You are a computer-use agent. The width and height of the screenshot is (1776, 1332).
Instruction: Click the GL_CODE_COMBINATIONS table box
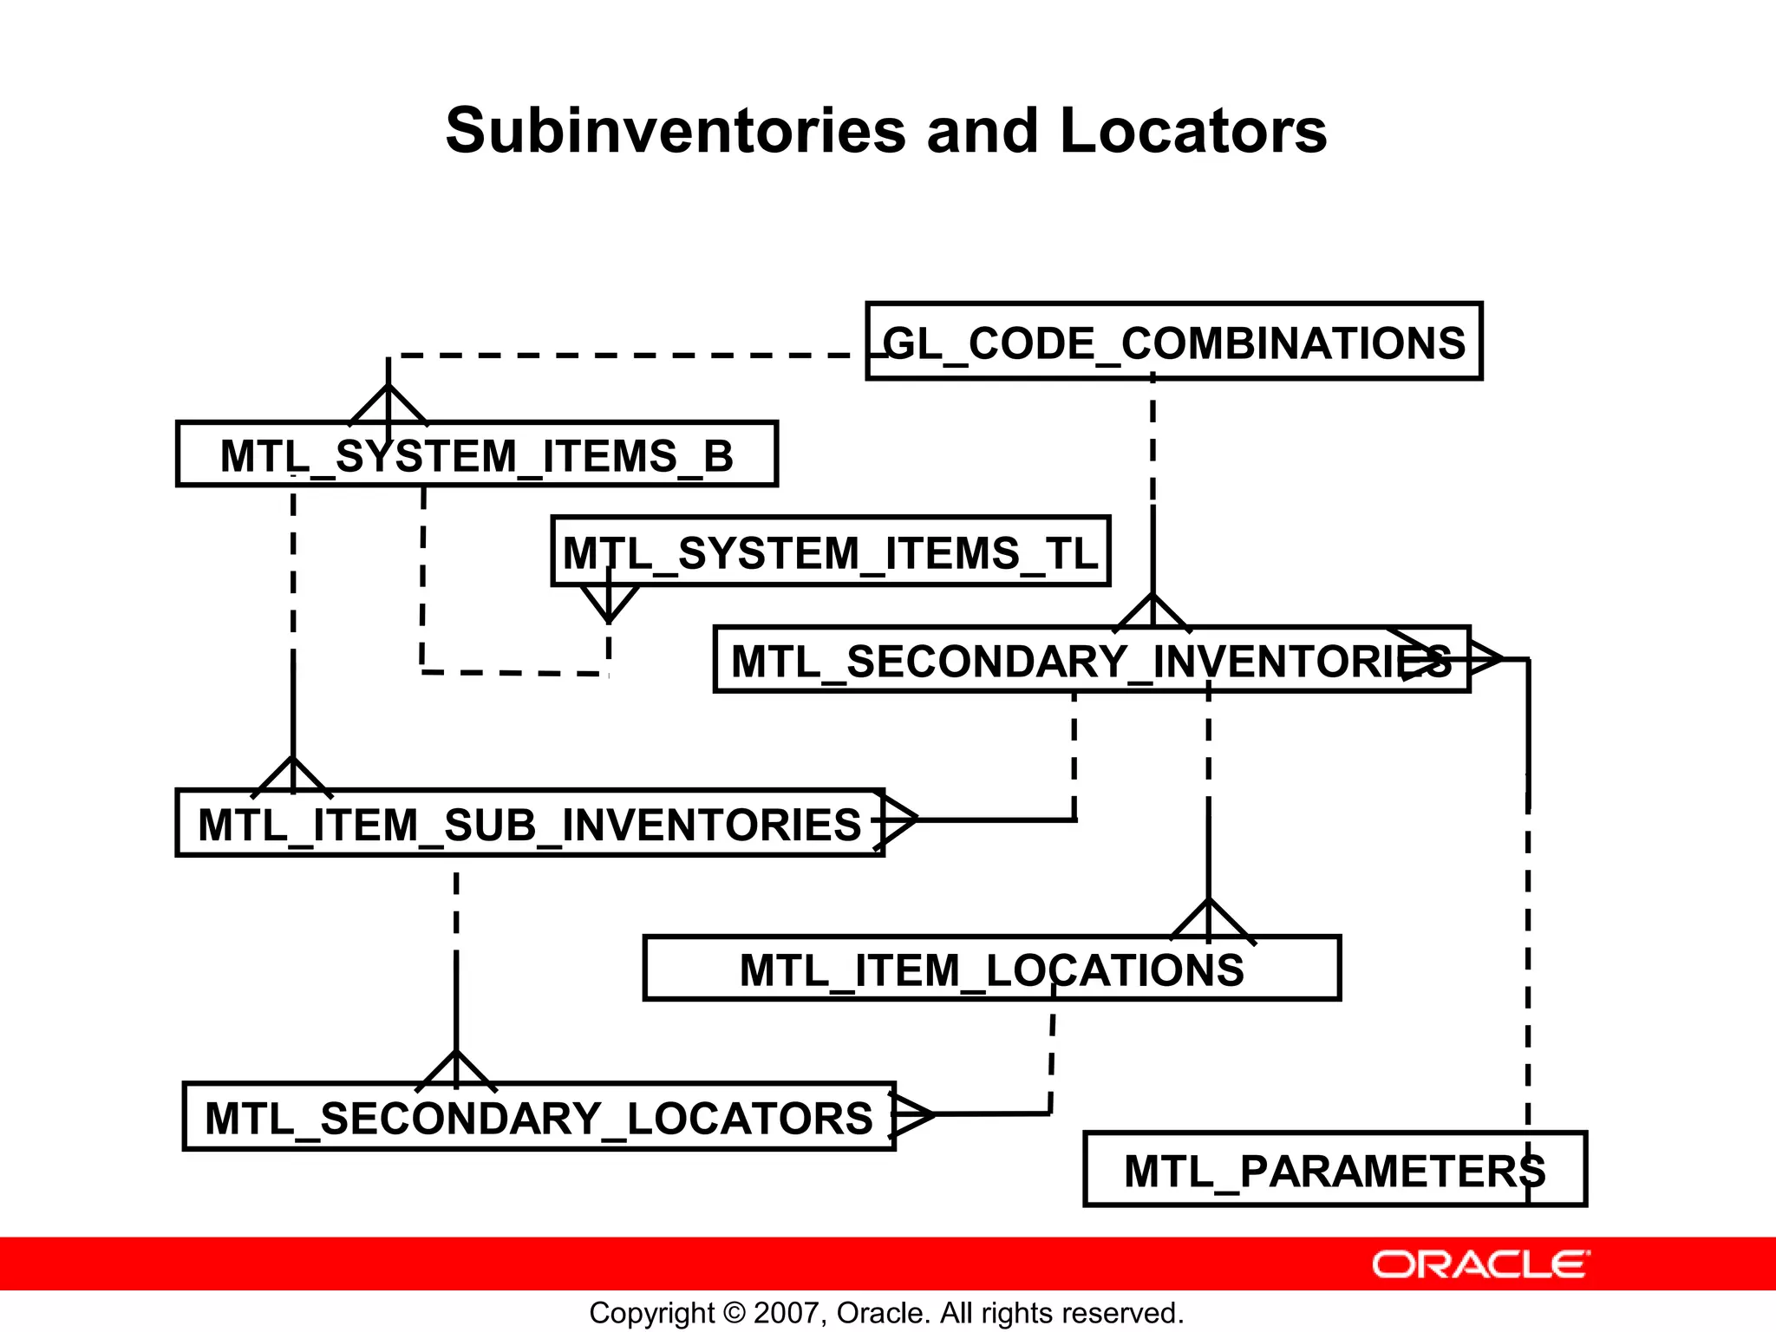pos(1174,342)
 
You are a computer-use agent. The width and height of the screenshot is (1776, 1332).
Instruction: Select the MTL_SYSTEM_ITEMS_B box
pos(477,455)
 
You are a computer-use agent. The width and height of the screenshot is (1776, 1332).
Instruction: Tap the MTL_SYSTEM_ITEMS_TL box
pos(831,552)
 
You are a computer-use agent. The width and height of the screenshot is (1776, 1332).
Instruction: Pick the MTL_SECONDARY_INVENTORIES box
pos(1091,660)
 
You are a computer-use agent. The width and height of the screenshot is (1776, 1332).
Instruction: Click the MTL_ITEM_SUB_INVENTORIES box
pos(530,824)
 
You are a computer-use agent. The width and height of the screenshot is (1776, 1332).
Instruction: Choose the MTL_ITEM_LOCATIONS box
pos(991,969)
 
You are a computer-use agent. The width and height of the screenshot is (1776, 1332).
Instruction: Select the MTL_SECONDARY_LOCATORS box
pos(539,1117)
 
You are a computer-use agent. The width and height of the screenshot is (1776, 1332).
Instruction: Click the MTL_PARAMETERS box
pos(1335,1170)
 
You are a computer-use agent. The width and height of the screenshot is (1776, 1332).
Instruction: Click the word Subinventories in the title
pos(676,131)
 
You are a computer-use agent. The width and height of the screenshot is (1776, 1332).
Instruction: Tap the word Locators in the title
pos(1192,131)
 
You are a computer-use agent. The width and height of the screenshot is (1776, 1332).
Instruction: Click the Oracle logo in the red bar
pos(1480,1264)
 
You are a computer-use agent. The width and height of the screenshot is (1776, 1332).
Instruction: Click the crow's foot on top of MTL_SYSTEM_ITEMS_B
pos(388,405)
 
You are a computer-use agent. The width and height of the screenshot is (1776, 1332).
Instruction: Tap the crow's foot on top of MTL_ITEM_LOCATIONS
pos(1210,921)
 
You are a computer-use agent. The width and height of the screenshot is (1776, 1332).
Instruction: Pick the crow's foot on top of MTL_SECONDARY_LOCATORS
pos(456,1071)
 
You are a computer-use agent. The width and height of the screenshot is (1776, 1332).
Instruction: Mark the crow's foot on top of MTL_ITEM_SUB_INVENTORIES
pos(293,777)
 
